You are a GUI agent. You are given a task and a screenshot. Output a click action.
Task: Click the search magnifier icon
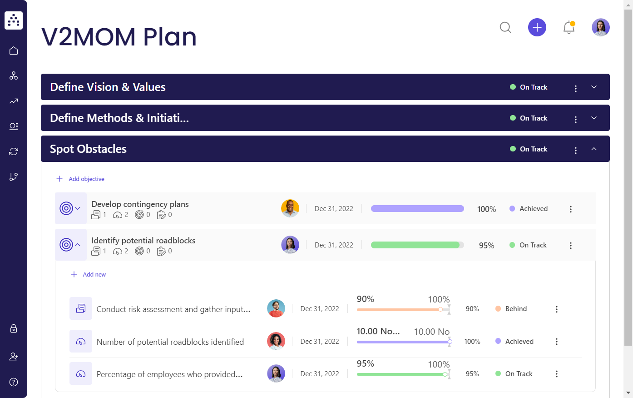coord(505,28)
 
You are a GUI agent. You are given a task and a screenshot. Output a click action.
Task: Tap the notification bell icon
coord(569,28)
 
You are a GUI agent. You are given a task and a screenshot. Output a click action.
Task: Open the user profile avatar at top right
coord(600,28)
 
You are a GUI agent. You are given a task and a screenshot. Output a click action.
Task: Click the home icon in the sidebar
coord(14,50)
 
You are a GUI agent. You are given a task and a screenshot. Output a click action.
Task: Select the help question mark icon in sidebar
coord(14,382)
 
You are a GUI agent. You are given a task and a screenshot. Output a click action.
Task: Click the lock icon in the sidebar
coord(14,328)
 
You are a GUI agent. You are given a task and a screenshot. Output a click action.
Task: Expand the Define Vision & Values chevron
coord(594,87)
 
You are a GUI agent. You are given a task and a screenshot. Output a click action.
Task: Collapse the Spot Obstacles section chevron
coord(594,149)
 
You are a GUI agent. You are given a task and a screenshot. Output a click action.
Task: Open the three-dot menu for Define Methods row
coord(576,119)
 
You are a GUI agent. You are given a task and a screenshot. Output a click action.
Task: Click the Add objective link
coord(86,179)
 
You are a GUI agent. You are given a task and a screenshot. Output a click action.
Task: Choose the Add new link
coord(94,275)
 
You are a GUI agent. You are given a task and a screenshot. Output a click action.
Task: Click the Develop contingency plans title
coord(140,204)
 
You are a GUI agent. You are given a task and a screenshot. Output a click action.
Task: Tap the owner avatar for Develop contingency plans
coord(290,209)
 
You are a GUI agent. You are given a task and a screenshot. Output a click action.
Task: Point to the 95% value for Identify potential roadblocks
coord(486,246)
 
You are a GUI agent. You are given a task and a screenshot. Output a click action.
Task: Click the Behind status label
coord(516,309)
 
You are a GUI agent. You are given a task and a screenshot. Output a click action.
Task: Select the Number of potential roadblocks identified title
coord(170,342)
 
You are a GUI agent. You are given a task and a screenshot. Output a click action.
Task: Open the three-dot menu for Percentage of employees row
coord(557,374)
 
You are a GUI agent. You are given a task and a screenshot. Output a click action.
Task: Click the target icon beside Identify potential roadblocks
coord(66,245)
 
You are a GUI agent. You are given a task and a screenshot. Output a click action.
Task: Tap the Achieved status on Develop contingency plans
coord(533,209)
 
